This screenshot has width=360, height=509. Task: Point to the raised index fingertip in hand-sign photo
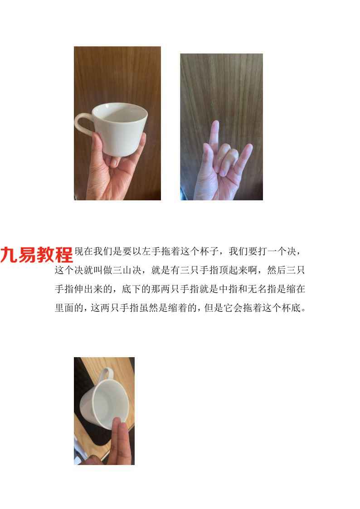tap(215, 124)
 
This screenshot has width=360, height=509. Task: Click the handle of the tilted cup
tap(105, 373)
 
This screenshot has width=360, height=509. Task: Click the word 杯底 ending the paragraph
tap(291, 308)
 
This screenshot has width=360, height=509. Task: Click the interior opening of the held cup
tap(120, 113)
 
